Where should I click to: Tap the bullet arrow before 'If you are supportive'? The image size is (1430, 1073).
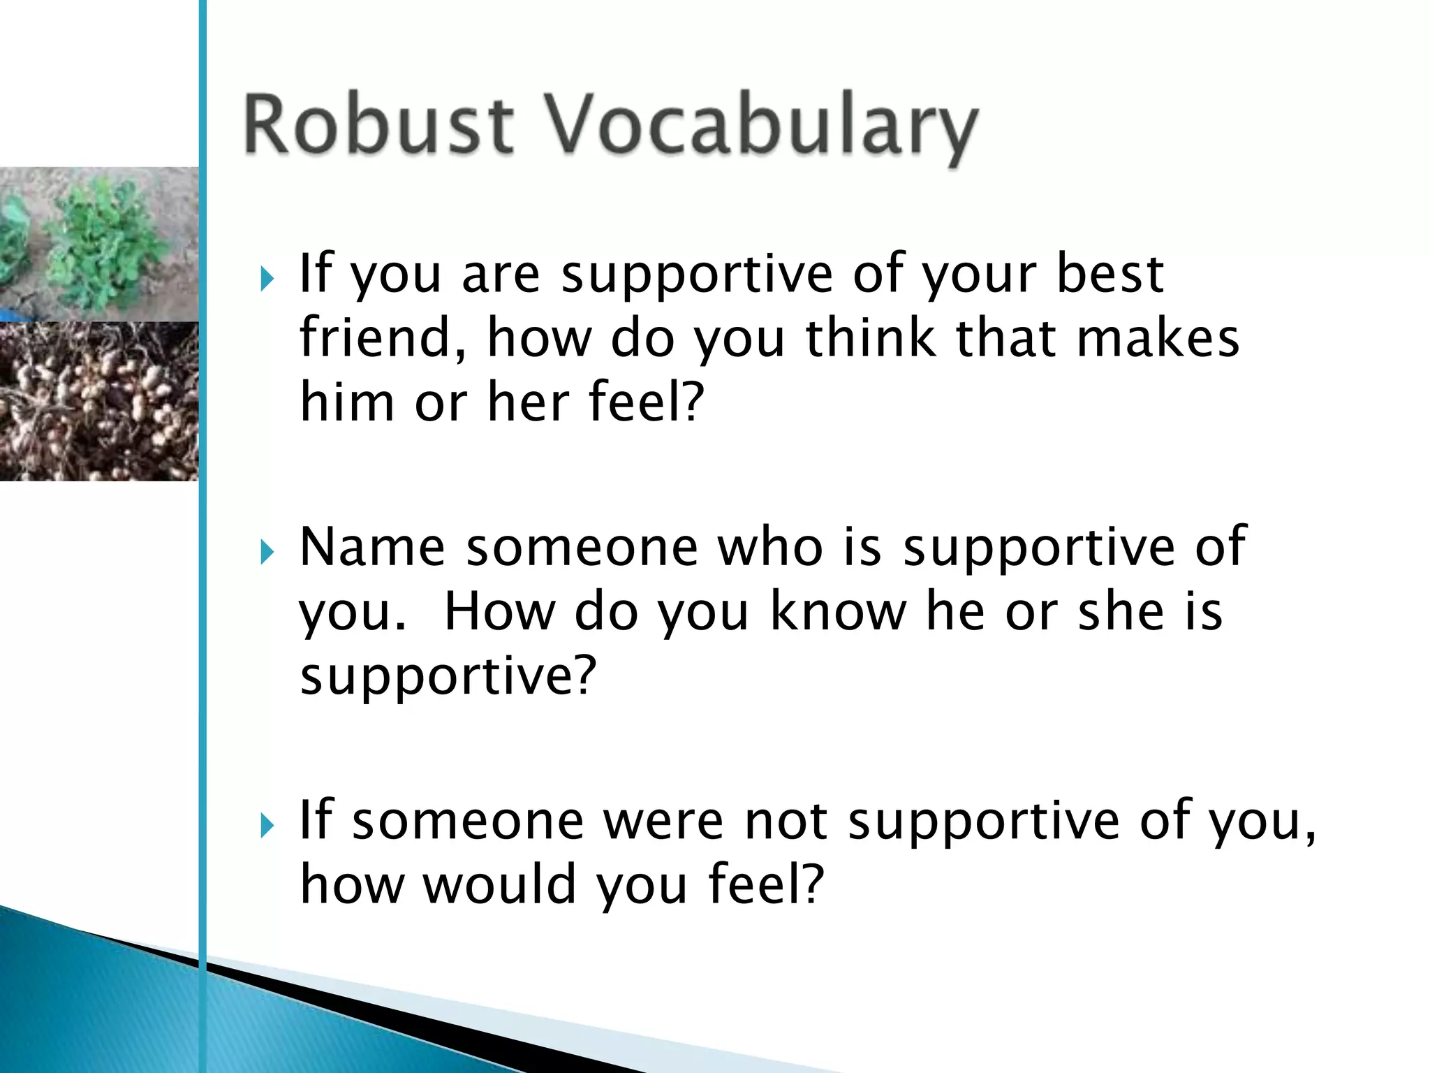(267, 279)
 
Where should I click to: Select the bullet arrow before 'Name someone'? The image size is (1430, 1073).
(267, 553)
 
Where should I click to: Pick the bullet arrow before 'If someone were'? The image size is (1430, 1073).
(267, 826)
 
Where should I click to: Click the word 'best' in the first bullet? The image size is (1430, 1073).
(1110, 274)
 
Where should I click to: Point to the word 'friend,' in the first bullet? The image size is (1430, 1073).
(383, 338)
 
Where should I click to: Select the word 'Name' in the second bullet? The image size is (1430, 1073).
(372, 547)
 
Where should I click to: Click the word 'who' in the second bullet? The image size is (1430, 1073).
(770, 547)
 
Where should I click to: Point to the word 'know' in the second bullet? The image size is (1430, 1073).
(837, 611)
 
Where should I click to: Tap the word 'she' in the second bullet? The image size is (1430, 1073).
(1120, 611)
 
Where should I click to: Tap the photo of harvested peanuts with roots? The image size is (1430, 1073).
(99, 401)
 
